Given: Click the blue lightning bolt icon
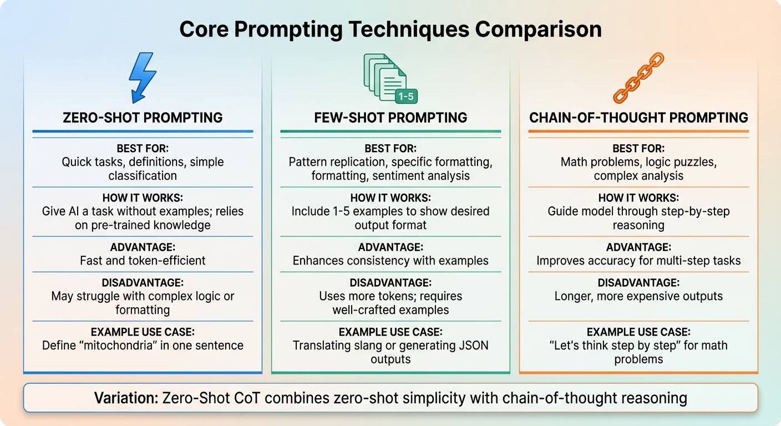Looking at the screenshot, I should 142,78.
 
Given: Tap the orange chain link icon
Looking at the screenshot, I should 638,78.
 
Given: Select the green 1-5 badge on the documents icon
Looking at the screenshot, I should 406,97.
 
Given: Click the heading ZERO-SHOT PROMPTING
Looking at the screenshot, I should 143,118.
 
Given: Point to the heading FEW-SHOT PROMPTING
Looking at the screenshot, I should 390,118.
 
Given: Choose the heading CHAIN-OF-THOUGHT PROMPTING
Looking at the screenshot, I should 638,118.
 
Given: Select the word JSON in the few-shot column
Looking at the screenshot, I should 475,345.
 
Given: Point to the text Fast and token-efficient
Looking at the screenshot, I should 143,260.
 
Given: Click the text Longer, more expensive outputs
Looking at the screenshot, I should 638,296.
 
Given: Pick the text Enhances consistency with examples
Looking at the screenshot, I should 390,260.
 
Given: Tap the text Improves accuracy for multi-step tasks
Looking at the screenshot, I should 638,260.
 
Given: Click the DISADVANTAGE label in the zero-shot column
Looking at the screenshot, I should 143,282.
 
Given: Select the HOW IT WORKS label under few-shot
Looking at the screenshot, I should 390,198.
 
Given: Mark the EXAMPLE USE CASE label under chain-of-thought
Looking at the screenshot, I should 638,332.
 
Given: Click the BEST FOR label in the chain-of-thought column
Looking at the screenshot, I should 638,149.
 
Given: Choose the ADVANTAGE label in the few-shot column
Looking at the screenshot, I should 390,247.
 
